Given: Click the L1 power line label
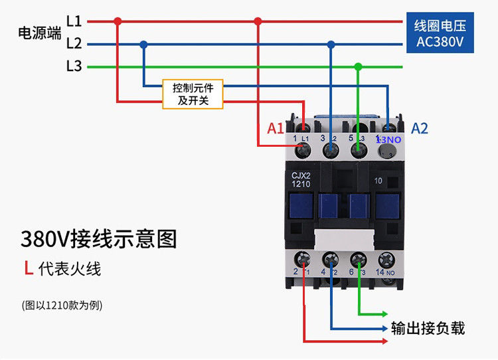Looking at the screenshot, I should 74,21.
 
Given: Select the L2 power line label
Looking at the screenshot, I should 74,44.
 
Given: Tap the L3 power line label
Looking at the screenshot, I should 74,66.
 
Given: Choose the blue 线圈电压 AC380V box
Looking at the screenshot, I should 440,34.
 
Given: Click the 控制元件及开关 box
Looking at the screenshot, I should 193,94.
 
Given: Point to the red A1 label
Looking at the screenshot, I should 276,128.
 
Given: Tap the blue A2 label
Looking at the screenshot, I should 420,128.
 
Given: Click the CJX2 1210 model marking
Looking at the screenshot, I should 302,179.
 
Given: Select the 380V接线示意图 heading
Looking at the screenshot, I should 99,238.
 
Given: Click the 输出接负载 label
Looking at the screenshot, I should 428,328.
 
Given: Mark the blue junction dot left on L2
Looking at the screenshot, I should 143,45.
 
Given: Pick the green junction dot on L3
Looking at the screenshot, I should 359,66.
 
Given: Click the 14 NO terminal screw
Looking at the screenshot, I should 386,259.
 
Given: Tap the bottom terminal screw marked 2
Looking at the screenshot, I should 303,259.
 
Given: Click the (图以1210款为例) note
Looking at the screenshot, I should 62,306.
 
